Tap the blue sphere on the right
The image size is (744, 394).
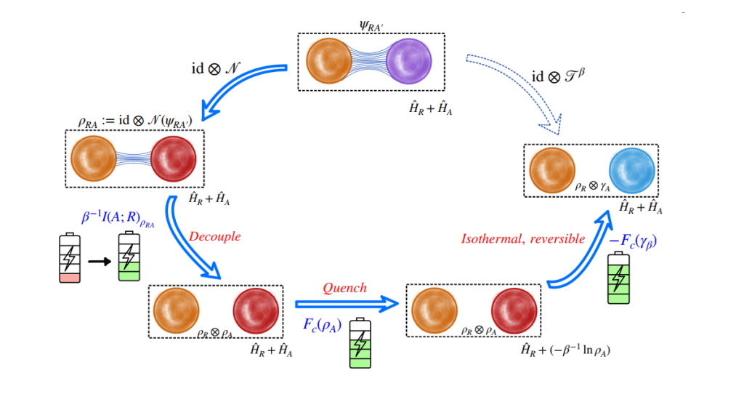[x=631, y=170]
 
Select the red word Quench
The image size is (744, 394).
[x=344, y=288]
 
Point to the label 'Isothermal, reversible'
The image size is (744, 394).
[x=523, y=238]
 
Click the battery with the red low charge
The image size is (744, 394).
[x=70, y=257]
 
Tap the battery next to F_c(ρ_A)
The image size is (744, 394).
[x=360, y=338]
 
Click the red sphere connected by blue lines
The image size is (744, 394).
[x=173, y=159]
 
